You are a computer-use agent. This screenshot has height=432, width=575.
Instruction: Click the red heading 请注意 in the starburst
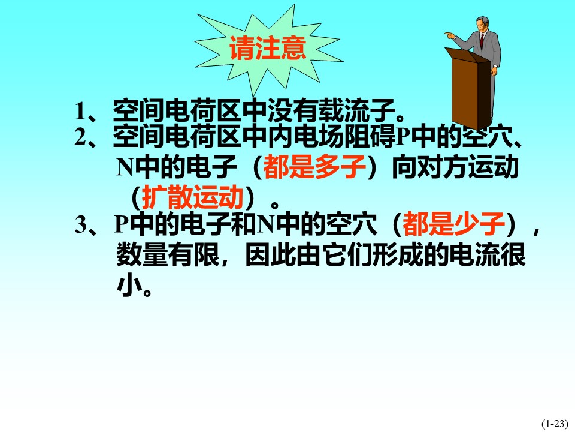(x=268, y=48)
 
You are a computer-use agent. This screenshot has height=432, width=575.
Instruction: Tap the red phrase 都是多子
(x=314, y=167)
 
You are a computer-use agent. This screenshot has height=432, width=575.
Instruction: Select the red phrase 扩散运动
(x=193, y=197)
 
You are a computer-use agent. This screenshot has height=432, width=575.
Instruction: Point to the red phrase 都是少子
(x=454, y=224)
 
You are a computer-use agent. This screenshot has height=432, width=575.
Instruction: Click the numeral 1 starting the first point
(x=80, y=110)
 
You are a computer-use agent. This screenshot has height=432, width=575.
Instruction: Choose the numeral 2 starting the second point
(x=80, y=137)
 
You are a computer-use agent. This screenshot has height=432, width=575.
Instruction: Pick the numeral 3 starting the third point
(x=80, y=224)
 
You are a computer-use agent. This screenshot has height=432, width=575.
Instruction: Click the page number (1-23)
(x=555, y=424)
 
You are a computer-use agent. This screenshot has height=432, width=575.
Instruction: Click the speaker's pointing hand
(x=450, y=35)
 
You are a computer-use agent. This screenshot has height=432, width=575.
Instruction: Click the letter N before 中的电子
(x=125, y=167)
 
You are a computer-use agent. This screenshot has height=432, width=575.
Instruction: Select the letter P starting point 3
(x=121, y=224)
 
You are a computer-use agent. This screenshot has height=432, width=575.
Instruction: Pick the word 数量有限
(x=168, y=254)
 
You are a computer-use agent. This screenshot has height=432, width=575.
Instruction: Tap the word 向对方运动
(x=455, y=167)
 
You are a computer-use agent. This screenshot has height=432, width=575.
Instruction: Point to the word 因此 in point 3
(x=271, y=254)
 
